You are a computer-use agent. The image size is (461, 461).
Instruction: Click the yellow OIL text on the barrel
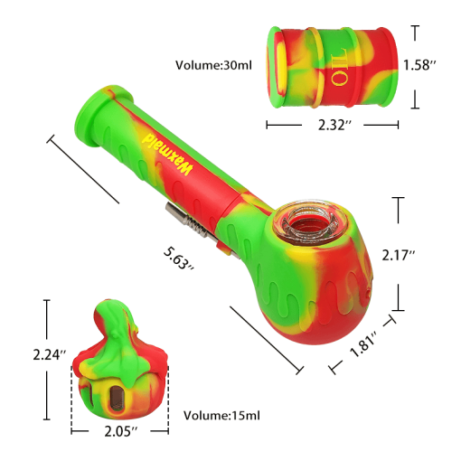tap(338, 69)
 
